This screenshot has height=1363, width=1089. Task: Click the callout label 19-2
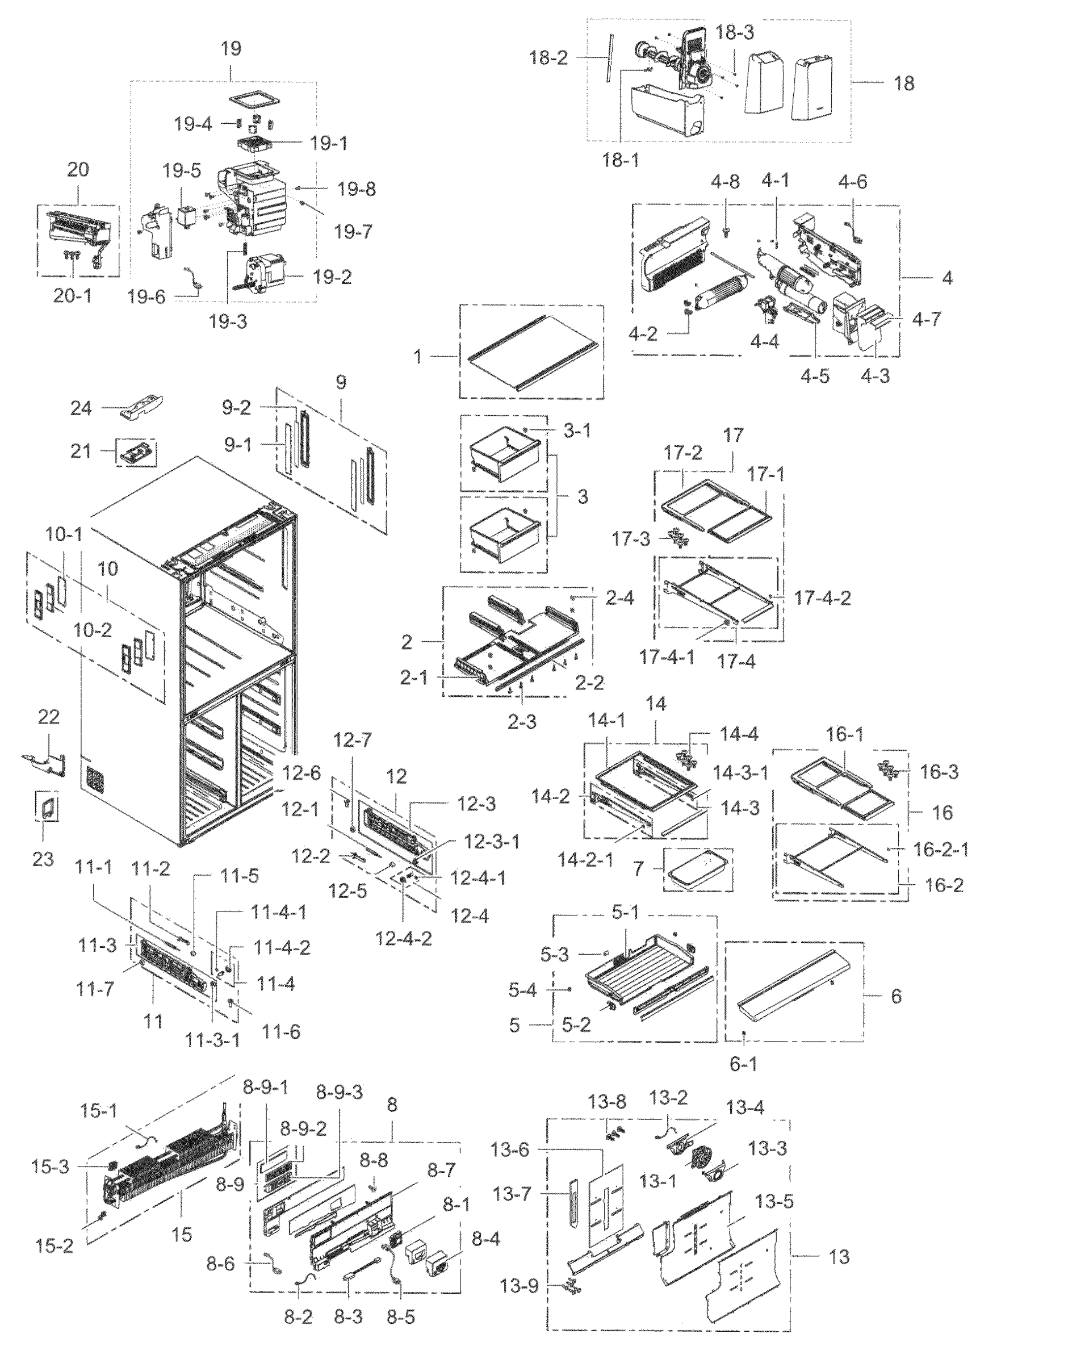[332, 277]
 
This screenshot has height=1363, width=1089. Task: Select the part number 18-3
[735, 33]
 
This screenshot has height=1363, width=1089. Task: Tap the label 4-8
[725, 182]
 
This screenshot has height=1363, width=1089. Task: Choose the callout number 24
[81, 408]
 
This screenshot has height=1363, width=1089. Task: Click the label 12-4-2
[403, 938]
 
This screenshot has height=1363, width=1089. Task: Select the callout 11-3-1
[212, 1040]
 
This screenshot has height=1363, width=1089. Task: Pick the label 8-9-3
[340, 1093]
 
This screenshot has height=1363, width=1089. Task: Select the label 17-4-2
[822, 597]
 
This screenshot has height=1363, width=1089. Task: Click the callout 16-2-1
[940, 849]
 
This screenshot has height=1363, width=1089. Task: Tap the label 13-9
[520, 1286]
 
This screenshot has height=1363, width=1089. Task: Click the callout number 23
[43, 859]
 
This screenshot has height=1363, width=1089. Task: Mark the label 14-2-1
[585, 859]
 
